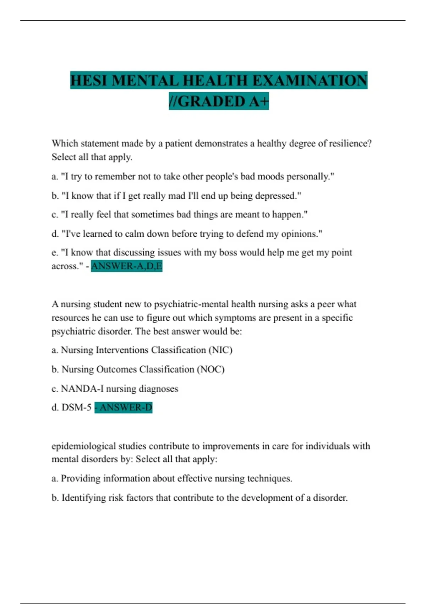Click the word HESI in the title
point(89,81)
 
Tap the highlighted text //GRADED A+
point(219,101)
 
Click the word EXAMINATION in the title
point(310,81)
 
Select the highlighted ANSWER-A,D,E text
point(127,266)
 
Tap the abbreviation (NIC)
point(220,350)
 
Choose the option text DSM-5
point(76,407)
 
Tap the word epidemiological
point(83,446)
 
